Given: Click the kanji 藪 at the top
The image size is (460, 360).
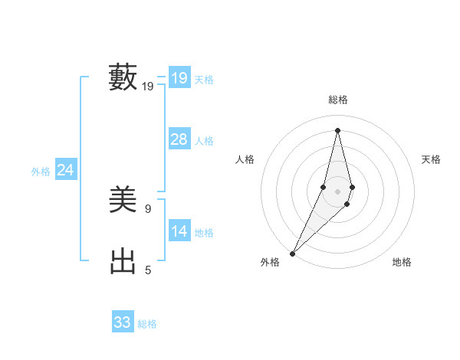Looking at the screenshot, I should tap(123, 77).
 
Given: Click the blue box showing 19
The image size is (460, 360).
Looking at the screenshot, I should tap(179, 78).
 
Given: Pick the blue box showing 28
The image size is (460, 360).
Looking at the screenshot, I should tap(179, 139).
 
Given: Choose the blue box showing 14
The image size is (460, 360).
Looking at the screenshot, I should tap(179, 231).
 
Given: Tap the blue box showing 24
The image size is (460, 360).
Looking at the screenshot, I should tap(65, 170).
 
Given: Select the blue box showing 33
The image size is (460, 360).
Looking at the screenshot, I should tap(122, 322).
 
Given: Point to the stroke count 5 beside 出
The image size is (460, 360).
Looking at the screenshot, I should tap(148, 270).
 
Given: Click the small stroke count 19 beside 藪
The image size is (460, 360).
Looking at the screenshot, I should tap(148, 87).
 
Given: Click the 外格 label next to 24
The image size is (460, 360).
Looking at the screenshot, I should tap(41, 172).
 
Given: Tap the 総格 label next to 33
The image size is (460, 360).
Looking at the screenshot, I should tap(147, 324).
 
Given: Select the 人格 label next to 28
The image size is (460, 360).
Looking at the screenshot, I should tap(204, 141).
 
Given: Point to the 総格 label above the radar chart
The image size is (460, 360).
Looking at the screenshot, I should tap(338, 100).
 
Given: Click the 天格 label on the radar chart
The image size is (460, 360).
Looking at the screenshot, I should tap(432, 159).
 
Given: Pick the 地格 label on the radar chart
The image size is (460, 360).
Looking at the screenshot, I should tap(402, 262).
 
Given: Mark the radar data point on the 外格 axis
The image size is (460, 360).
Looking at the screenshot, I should tap(293, 253).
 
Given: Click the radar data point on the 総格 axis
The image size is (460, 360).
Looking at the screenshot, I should tap(338, 130).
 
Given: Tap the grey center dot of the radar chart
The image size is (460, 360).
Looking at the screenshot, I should tap(338, 191).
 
